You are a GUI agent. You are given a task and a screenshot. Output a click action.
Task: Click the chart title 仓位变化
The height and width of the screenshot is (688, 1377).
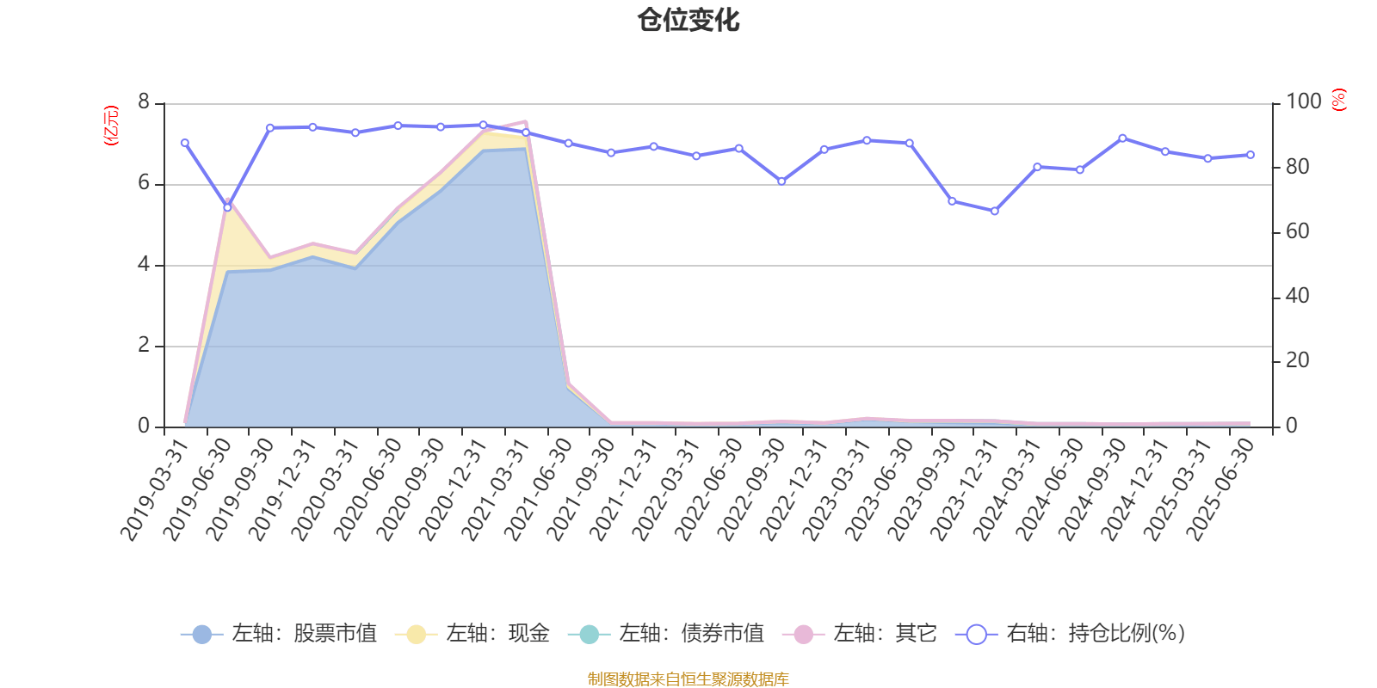[688, 20]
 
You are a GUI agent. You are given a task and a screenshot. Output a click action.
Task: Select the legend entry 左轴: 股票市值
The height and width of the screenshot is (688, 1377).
[279, 634]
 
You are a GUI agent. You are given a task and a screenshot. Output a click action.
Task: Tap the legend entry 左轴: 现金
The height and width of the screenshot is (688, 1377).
[472, 634]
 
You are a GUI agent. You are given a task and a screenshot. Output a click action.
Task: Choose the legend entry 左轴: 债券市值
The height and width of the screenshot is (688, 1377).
[666, 634]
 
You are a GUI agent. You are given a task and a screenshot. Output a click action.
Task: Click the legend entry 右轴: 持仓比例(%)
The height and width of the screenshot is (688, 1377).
[1071, 634]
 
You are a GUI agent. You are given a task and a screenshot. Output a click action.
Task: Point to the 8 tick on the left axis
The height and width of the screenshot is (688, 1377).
[144, 103]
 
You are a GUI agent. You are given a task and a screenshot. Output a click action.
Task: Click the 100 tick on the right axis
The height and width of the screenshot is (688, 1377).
[1303, 102]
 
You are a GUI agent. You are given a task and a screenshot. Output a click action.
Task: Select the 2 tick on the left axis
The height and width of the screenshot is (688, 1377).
[144, 346]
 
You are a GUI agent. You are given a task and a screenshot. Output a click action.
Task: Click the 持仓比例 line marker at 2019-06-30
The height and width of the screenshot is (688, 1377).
[228, 207]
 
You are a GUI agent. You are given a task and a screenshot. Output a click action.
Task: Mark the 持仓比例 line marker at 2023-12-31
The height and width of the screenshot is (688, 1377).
[995, 211]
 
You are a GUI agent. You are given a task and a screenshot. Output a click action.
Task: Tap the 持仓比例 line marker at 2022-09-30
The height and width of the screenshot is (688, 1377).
[781, 181]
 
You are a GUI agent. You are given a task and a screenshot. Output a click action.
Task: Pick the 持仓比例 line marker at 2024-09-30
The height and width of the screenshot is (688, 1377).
[1122, 138]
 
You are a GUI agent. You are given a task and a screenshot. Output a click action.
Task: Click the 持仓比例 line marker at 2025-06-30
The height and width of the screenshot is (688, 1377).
[1250, 155]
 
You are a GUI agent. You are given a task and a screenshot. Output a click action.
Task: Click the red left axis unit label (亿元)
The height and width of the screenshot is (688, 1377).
[111, 126]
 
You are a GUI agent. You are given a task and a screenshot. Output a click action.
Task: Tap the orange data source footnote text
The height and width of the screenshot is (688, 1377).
[688, 679]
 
